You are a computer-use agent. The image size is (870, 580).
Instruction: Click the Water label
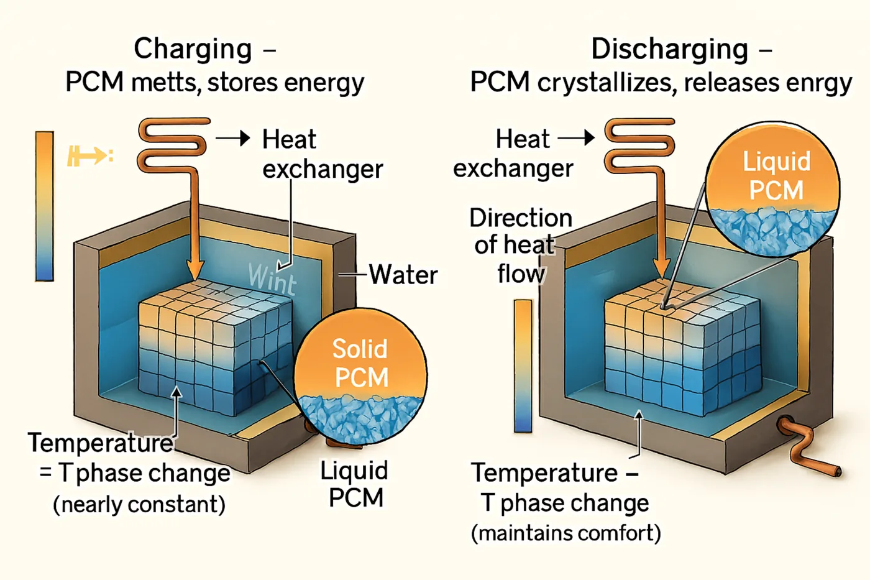403,274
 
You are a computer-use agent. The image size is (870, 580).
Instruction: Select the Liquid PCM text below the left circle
355,484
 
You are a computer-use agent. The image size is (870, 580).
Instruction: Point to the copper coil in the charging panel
173,144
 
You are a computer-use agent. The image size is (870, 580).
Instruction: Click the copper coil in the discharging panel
639,144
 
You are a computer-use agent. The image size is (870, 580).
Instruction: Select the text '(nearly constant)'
139,504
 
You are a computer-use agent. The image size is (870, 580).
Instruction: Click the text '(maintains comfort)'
565,533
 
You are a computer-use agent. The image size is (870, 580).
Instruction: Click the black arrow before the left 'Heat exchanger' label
234,138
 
